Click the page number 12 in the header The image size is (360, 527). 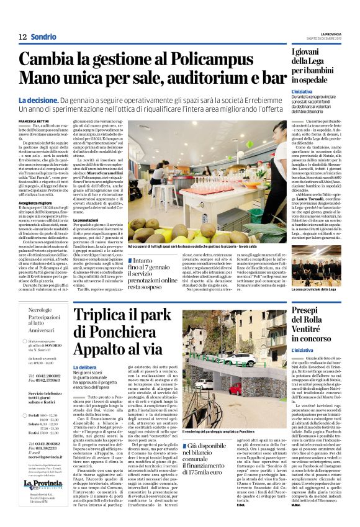coord(22,37)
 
